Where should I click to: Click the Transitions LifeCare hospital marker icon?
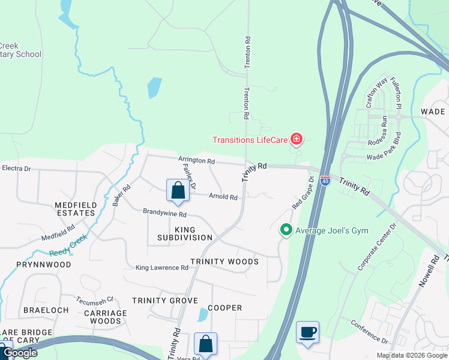coord(296,140)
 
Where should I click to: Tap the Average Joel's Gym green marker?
coord(286,230)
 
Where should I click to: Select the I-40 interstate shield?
coord(325,180)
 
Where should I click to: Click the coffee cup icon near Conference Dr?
coord(307,332)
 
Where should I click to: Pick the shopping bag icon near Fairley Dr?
coord(178,191)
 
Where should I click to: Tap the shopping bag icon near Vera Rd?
coord(205,344)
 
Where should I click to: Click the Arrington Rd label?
coord(196,161)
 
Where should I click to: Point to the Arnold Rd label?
coord(223,197)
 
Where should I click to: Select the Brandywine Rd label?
coord(164,214)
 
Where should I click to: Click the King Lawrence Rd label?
coord(162,268)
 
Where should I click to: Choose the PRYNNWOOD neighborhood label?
coord(44,264)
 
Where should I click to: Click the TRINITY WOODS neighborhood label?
coord(224,262)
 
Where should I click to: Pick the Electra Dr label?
coord(16,169)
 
